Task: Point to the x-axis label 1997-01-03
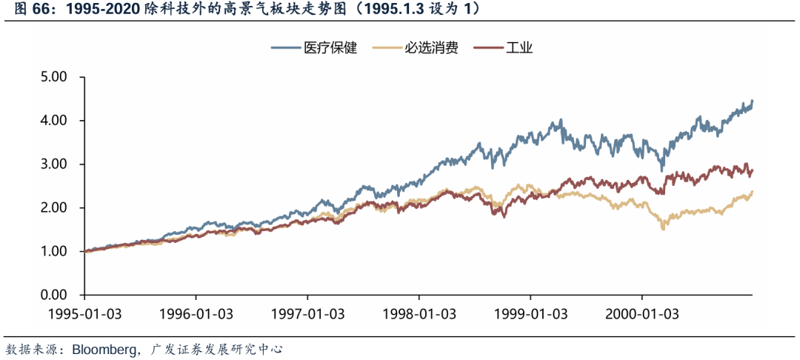[x=307, y=313]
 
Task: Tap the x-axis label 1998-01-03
[x=419, y=313]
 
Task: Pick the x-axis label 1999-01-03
[x=530, y=313]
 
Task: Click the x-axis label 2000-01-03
[x=641, y=313]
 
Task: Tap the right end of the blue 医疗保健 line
[x=753, y=101]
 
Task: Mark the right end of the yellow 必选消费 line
[x=753, y=192]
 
